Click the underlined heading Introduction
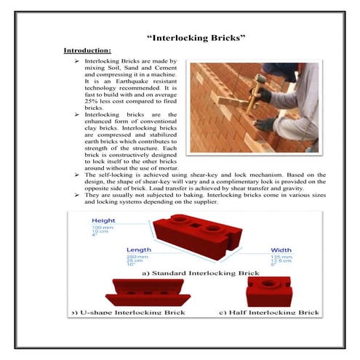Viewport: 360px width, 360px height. (87, 50)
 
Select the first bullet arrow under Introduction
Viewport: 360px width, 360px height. (76, 63)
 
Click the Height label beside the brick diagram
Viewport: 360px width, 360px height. (103, 220)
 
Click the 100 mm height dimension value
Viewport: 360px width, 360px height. (101, 228)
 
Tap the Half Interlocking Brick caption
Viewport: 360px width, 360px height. (269, 312)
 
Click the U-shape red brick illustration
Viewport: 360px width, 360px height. (148, 292)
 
